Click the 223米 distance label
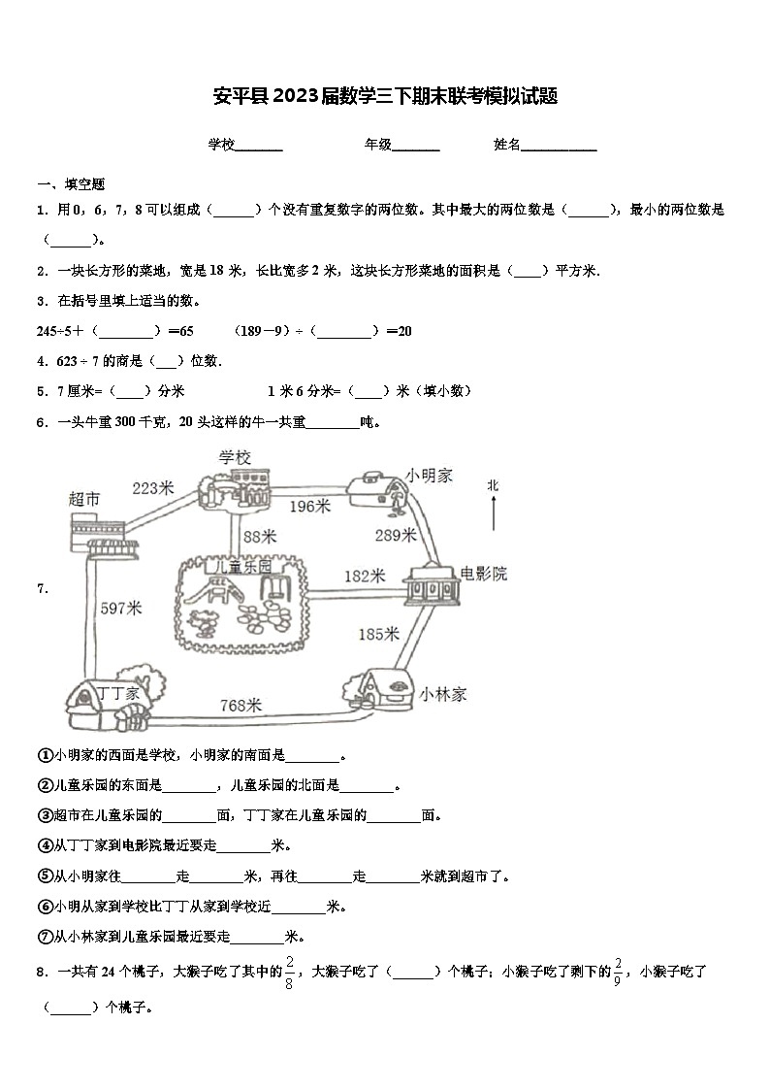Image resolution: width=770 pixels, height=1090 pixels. pos(152,488)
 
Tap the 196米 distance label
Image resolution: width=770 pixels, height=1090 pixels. pos(309,506)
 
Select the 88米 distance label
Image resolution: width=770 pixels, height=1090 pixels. pos(259,536)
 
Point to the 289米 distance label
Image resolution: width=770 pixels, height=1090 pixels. pos(396,535)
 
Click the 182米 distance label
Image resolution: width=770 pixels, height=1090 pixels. pos(365,576)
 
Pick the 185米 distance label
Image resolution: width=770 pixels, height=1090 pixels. pos(378,635)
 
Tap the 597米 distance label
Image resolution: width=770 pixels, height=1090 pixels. pos(121,609)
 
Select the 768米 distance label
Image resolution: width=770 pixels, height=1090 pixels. pos(241,706)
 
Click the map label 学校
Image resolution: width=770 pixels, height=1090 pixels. pos(235,456)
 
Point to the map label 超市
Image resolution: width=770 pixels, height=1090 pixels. pos(84,499)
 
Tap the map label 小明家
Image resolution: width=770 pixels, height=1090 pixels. pos(430,475)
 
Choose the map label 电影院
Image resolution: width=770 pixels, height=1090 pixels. pos(483,574)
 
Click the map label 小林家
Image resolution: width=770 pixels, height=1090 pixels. pos(444,694)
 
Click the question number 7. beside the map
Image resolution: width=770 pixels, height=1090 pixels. pos(42,588)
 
